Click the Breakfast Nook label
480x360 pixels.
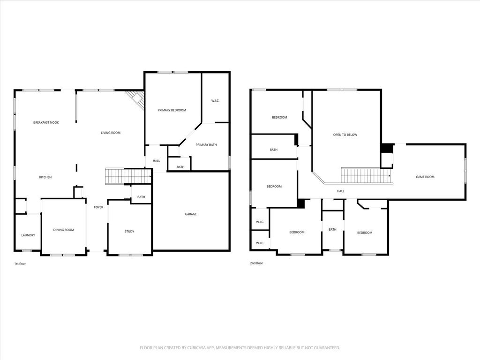46,122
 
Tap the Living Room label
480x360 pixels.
111,133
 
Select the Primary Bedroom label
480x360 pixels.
172,110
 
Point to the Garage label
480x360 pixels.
191,214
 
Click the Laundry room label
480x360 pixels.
28,235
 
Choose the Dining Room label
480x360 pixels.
63,230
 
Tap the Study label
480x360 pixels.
129,232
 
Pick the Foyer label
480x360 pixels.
98,207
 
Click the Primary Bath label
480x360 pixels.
206,145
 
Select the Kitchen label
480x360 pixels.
45,177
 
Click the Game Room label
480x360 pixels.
425,177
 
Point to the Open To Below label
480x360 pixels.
345,135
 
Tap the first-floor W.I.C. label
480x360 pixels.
215,101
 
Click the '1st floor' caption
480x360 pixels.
20,263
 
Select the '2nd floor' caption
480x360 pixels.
256,263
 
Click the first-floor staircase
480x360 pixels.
128,176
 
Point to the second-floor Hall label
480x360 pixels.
340,191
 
